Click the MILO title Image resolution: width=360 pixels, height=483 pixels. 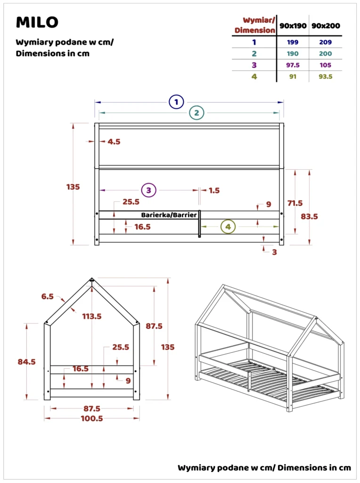point(37,22)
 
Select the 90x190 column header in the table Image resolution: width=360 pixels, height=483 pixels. point(292,25)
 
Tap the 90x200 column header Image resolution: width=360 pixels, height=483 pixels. point(325,25)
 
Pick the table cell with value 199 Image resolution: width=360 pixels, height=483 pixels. point(292,42)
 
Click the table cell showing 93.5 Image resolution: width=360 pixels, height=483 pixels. point(325,76)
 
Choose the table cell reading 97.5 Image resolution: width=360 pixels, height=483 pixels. point(292,65)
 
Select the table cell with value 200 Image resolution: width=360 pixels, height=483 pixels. point(325,54)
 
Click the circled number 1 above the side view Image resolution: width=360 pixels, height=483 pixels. point(176,102)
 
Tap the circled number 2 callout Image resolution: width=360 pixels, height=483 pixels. point(196,113)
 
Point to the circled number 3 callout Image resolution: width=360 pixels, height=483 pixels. point(148,190)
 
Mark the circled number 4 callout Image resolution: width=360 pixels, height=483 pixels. point(228,227)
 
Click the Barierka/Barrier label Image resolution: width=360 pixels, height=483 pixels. point(169,215)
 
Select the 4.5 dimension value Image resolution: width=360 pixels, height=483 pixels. point(114,142)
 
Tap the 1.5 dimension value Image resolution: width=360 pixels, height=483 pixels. point(214,191)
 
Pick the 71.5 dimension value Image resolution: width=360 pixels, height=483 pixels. point(295,203)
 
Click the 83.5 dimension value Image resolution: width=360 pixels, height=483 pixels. point(309,217)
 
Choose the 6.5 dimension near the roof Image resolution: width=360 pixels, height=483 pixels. point(48,296)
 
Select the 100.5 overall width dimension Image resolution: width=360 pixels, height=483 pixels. point(91,418)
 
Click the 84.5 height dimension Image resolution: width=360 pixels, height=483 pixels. point(26,362)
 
